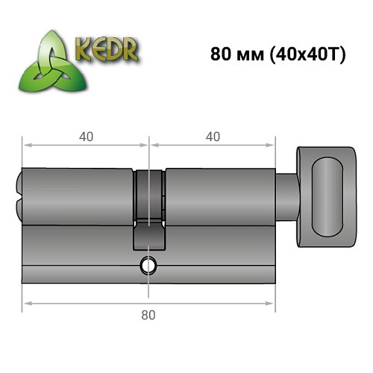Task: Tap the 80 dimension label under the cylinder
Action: click(149, 315)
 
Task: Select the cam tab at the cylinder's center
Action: click(149, 237)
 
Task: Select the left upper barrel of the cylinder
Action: click(78, 195)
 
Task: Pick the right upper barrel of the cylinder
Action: click(220, 195)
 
